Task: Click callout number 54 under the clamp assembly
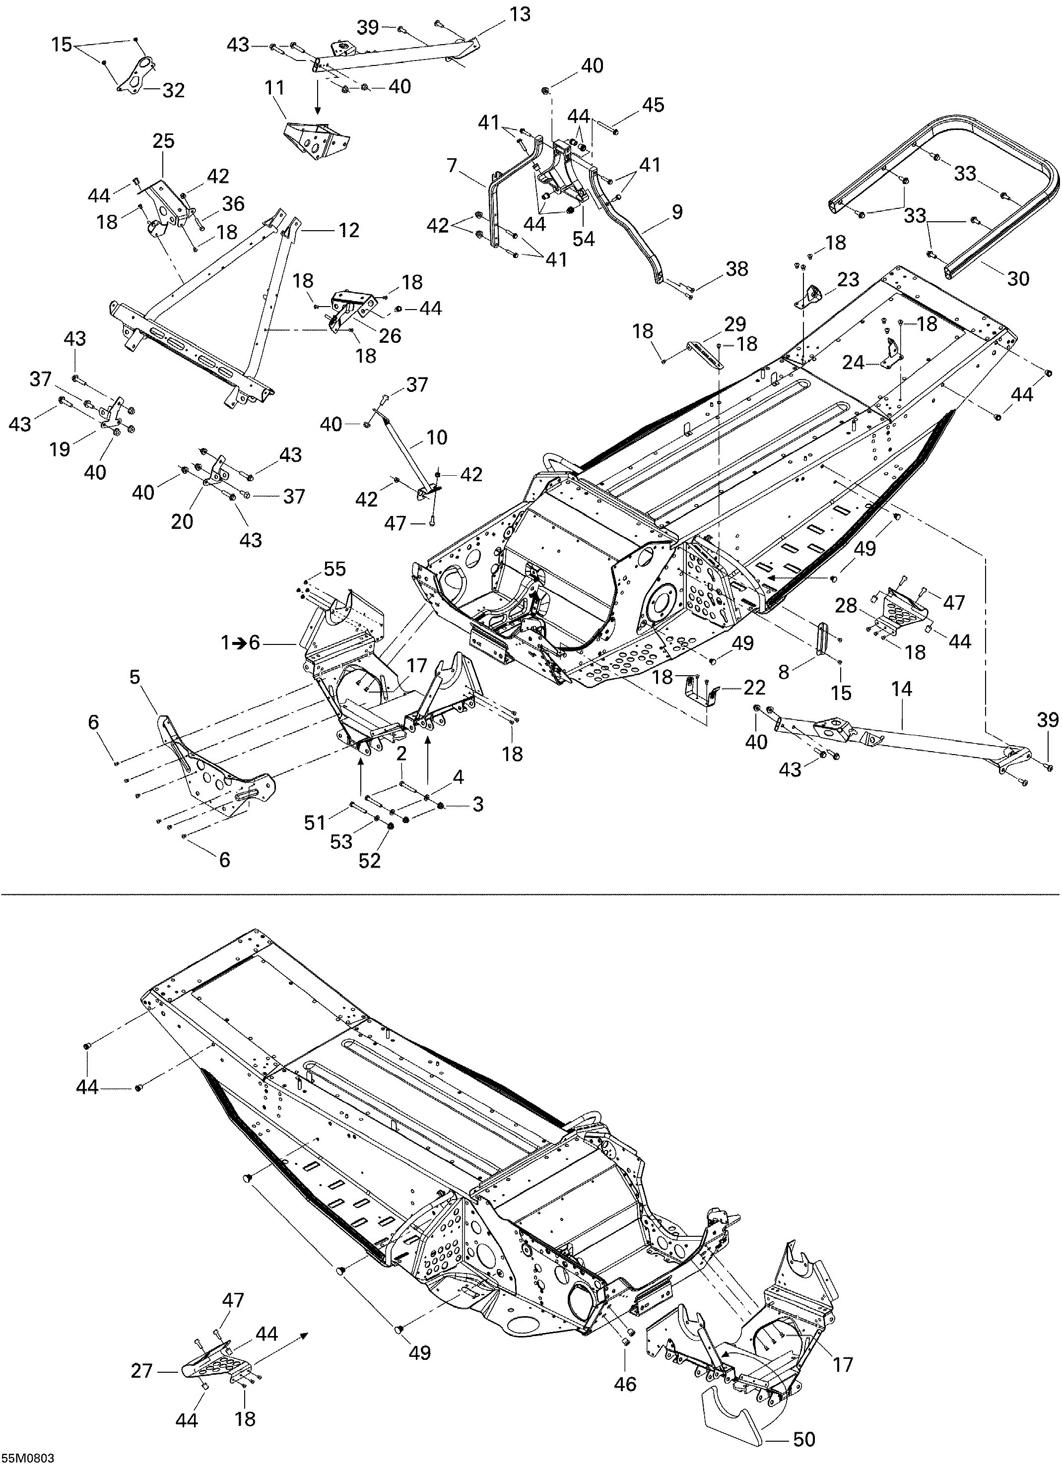pyautogui.click(x=583, y=238)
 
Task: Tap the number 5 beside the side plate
pyautogui.click(x=134, y=677)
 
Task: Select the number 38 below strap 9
pyautogui.click(x=736, y=268)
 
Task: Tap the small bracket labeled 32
pyautogui.click(x=139, y=76)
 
